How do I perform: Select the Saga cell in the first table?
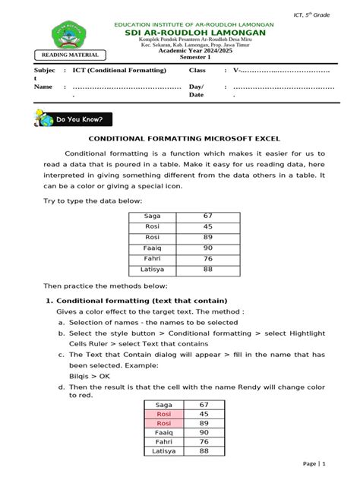click(x=152, y=216)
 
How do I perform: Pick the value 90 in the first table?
click(x=207, y=248)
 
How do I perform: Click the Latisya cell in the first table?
click(x=152, y=269)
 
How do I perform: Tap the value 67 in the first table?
click(x=207, y=216)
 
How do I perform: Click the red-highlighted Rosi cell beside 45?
click(x=163, y=414)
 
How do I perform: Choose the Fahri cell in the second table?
click(x=163, y=441)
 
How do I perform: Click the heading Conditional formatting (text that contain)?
click(x=137, y=301)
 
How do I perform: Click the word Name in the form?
click(x=43, y=87)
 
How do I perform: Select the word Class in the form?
click(x=197, y=70)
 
